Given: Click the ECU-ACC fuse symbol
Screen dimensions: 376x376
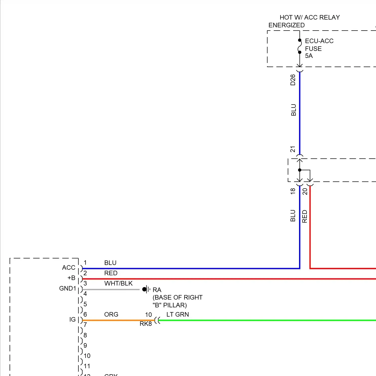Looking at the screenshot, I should click(x=300, y=46).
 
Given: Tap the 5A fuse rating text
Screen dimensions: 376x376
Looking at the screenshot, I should click(x=309, y=56).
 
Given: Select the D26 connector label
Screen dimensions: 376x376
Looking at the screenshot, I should click(x=293, y=80).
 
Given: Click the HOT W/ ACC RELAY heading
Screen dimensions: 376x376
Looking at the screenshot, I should click(x=310, y=17).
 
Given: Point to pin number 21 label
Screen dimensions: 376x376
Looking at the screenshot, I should click(x=293, y=149).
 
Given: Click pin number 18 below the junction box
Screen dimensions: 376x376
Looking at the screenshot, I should click(x=293, y=191).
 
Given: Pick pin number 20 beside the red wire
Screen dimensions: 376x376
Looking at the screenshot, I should click(x=305, y=192).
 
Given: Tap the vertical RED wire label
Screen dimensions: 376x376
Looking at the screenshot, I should click(x=305, y=216).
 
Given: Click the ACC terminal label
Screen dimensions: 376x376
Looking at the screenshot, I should click(x=69, y=268).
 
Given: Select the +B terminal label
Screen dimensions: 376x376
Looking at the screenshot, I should click(x=71, y=278).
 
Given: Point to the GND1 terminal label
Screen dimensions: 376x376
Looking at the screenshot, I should click(x=67, y=289).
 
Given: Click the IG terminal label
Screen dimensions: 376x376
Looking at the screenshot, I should click(x=72, y=320).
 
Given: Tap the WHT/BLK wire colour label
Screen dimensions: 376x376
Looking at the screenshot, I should click(x=118, y=284).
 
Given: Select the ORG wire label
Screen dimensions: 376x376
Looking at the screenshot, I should click(x=111, y=315).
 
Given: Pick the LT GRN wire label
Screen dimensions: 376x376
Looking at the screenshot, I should click(x=177, y=315).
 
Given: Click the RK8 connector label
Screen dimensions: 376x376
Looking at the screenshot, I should click(x=146, y=324).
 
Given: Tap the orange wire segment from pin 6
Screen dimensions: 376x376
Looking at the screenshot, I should click(x=118, y=320).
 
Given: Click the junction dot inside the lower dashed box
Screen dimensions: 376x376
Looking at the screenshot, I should click(x=300, y=170).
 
